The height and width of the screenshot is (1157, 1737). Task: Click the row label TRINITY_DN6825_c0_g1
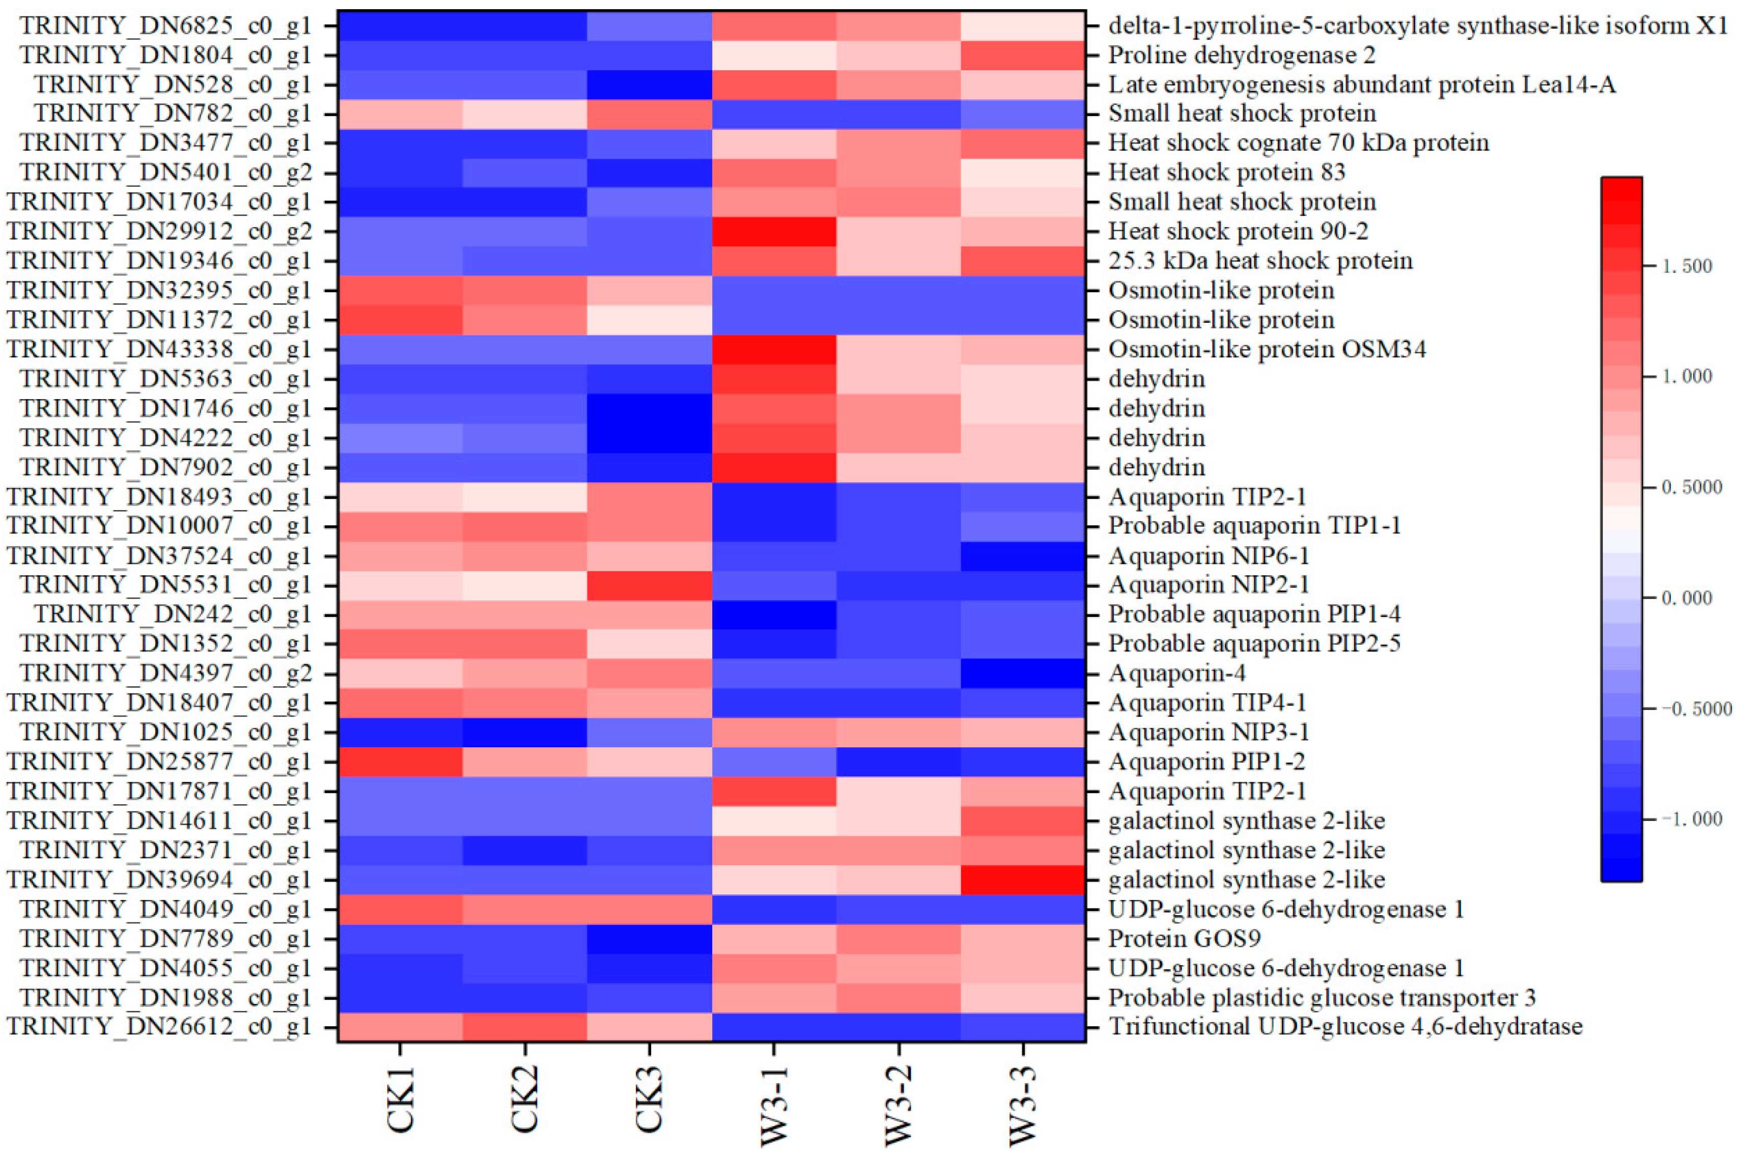click(x=165, y=26)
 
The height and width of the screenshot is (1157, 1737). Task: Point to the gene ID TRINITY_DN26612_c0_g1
click(x=159, y=1026)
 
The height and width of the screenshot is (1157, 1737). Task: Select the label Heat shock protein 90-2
click(x=1238, y=231)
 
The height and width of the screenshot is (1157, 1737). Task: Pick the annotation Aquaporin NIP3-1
click(x=1209, y=732)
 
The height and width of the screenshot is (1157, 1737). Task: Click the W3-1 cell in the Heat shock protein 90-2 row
click(x=774, y=231)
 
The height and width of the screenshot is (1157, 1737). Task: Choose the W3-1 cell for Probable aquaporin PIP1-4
click(x=774, y=614)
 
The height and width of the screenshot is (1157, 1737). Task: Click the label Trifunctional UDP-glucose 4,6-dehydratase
click(x=1345, y=1026)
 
